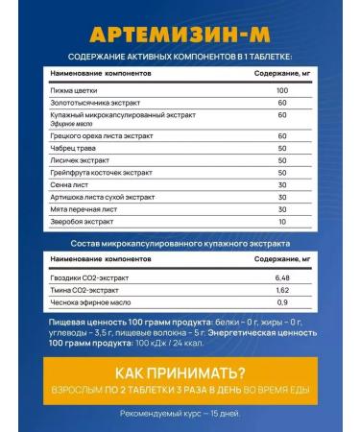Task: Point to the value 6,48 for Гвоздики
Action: click(281, 278)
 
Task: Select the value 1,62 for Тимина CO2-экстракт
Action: click(281, 292)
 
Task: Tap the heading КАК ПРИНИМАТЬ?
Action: click(180, 373)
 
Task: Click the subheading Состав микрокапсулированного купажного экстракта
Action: click(180, 247)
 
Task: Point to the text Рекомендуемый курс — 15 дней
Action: click(180, 414)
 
